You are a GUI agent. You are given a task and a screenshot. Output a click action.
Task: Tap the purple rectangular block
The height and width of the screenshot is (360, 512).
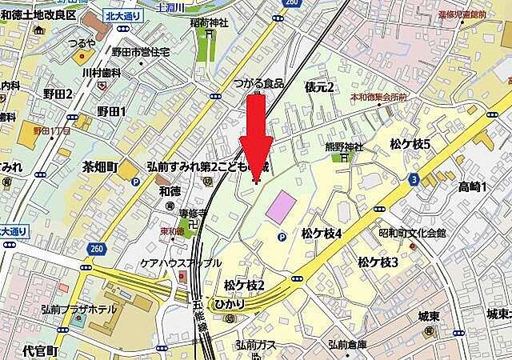pos(281,207)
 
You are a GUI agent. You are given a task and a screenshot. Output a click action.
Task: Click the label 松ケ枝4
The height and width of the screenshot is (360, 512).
pos(322,234)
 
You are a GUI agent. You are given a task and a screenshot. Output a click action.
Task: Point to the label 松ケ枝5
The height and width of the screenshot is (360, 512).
pos(410,145)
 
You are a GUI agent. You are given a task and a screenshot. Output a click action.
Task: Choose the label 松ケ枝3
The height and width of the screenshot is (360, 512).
pos(378,262)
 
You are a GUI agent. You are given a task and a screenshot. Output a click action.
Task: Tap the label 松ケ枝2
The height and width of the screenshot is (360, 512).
pos(244,285)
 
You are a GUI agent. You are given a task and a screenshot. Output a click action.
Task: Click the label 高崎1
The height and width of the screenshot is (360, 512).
pos(473,187)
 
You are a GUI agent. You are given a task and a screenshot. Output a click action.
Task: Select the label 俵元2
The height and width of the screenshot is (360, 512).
pos(318,86)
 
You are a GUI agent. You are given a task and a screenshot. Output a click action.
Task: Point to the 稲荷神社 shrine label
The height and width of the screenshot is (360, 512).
pos(208,24)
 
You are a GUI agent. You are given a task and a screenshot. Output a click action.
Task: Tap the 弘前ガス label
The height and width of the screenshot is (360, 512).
pos(256,345)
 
